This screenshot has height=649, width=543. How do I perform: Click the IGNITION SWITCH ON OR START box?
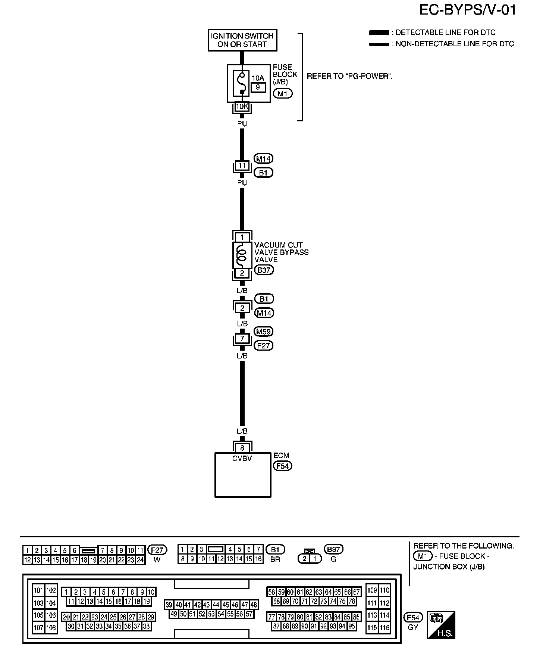coord(242,40)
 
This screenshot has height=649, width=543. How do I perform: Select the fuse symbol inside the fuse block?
coord(242,83)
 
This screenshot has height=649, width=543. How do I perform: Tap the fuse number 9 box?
coord(258,87)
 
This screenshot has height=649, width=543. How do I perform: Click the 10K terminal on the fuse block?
coord(242,106)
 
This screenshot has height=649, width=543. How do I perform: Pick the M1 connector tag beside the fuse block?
coord(283,93)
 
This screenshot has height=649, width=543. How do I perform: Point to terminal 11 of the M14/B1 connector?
coord(242,165)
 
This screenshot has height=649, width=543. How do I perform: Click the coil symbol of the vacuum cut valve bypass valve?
coord(242,255)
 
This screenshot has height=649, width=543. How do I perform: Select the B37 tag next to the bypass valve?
coord(264,270)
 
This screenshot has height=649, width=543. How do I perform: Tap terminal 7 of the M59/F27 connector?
coord(242,339)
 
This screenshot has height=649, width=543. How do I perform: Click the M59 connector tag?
coord(263,331)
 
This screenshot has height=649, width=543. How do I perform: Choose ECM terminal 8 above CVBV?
coord(242,448)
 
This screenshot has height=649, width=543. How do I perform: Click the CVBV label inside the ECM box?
coord(242,459)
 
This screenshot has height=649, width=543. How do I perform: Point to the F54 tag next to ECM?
coord(282,466)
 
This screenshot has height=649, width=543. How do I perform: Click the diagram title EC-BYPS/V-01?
coord(468,10)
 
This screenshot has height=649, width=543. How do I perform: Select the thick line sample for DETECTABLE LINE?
coord(379,33)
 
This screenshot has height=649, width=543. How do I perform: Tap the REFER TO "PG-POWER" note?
coord(349,77)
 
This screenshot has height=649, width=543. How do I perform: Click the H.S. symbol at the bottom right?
coord(442,625)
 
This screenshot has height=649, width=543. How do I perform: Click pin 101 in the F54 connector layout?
coord(39,591)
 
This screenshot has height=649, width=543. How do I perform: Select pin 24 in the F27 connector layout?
coord(140,560)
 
